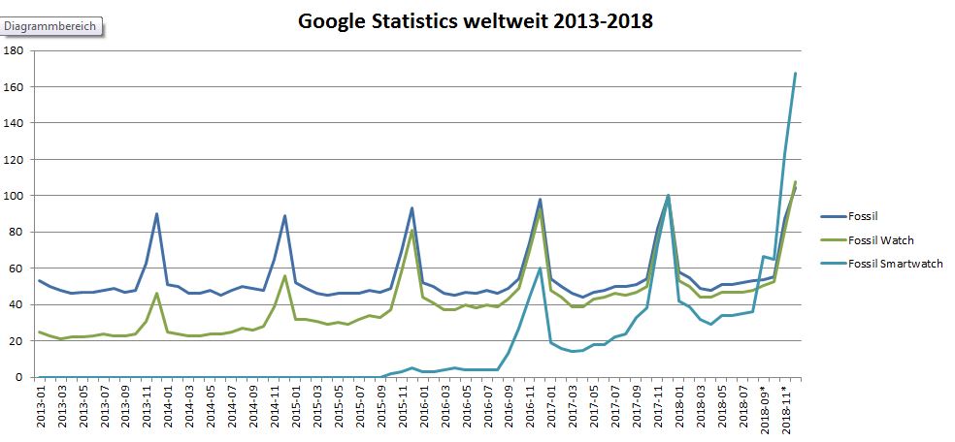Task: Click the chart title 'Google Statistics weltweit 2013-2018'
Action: tap(476, 21)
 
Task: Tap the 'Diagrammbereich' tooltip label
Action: tap(51, 26)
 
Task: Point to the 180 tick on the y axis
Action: tap(15, 50)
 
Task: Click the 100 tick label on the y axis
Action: tap(15, 196)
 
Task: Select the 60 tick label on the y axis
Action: tap(17, 268)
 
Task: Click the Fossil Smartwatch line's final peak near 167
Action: tap(795, 74)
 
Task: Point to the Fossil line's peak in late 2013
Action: tap(156, 214)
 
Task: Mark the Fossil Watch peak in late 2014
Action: tap(284, 276)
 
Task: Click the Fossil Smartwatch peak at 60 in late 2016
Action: tap(540, 268)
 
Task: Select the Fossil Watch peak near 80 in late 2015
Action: tap(412, 232)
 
